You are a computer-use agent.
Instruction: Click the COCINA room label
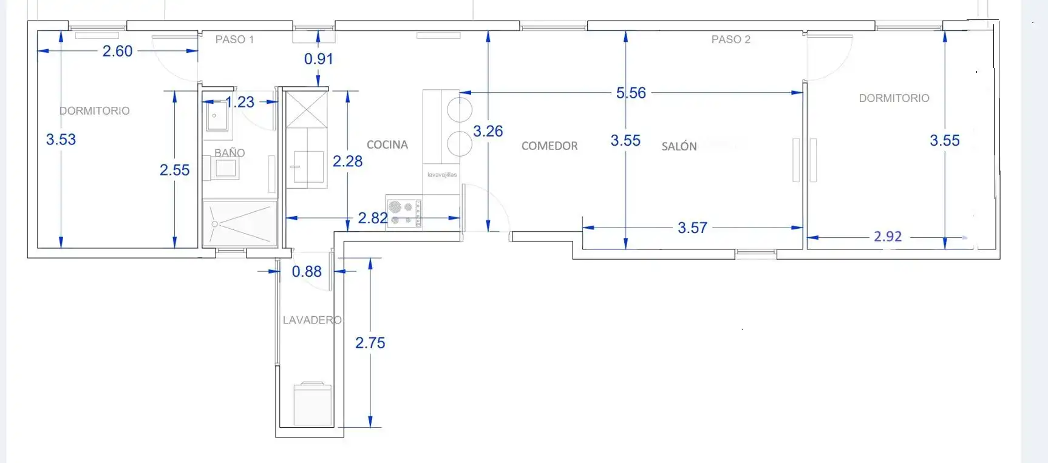(x=387, y=144)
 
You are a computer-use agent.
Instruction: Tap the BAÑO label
(x=230, y=152)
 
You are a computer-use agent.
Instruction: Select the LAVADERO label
(x=312, y=320)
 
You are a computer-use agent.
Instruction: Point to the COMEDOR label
(x=550, y=146)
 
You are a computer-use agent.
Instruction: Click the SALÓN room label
(x=679, y=146)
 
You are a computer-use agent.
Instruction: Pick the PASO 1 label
(x=234, y=39)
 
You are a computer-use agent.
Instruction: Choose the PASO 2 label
(x=731, y=39)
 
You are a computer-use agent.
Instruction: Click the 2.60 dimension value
(x=117, y=51)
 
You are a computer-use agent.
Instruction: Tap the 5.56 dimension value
(x=631, y=93)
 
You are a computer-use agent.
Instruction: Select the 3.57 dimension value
(x=693, y=228)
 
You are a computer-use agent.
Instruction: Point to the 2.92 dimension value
(x=888, y=236)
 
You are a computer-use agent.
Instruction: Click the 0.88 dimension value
(x=307, y=271)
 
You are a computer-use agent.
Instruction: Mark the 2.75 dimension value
(x=370, y=343)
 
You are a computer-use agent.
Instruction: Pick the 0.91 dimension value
(x=319, y=59)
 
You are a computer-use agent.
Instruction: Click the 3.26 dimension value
(x=488, y=131)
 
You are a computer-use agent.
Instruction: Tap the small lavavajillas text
(x=442, y=175)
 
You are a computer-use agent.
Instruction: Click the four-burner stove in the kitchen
(x=404, y=212)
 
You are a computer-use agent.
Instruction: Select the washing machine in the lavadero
(x=313, y=404)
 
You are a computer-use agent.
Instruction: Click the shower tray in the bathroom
(x=240, y=223)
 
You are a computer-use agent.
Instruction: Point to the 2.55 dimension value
(x=175, y=170)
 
